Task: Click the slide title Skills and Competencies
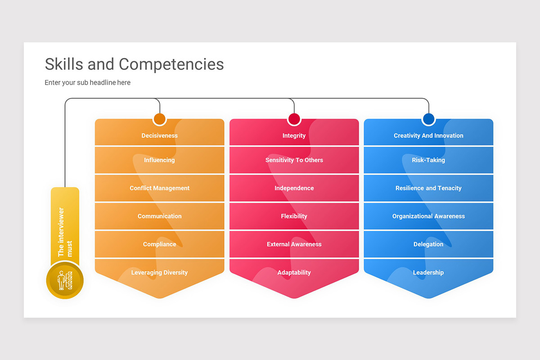click(x=134, y=64)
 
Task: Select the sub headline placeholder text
click(x=87, y=82)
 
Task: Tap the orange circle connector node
click(x=160, y=119)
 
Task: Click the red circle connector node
click(x=294, y=119)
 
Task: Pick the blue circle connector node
click(x=428, y=119)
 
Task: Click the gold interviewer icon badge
click(x=65, y=280)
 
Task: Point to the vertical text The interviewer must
click(x=65, y=232)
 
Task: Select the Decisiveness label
click(x=159, y=135)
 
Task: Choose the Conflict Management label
click(x=159, y=188)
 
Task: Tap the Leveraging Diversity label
click(x=159, y=272)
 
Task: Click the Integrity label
click(x=294, y=135)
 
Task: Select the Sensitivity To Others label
click(x=294, y=160)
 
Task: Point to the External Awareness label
click(x=294, y=244)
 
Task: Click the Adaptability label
click(x=294, y=272)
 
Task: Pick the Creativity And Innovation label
click(x=428, y=135)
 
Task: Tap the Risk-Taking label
click(x=428, y=160)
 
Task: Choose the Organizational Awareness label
click(x=428, y=216)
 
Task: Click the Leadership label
click(x=428, y=272)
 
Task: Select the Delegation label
click(x=428, y=244)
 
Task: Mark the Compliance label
click(x=159, y=244)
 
